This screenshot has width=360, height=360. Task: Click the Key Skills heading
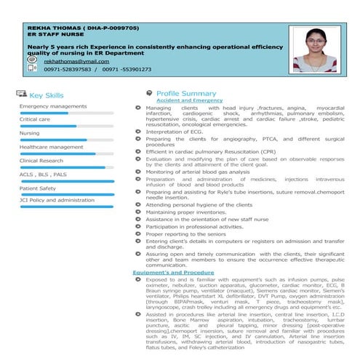pos(46,95)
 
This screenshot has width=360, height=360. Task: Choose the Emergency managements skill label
pos(52,107)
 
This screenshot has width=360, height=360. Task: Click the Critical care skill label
pos(35,119)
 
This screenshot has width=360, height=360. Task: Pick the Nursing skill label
pos(30,133)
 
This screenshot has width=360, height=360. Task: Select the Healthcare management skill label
pos(51,147)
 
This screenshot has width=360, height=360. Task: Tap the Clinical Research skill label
pos(41,161)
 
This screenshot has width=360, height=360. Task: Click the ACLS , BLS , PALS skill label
pos(43,175)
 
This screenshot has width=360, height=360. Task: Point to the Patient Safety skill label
pos(38,188)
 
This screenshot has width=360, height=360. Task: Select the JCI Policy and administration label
pos(57,200)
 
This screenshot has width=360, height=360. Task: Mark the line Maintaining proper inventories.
pos(190,212)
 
